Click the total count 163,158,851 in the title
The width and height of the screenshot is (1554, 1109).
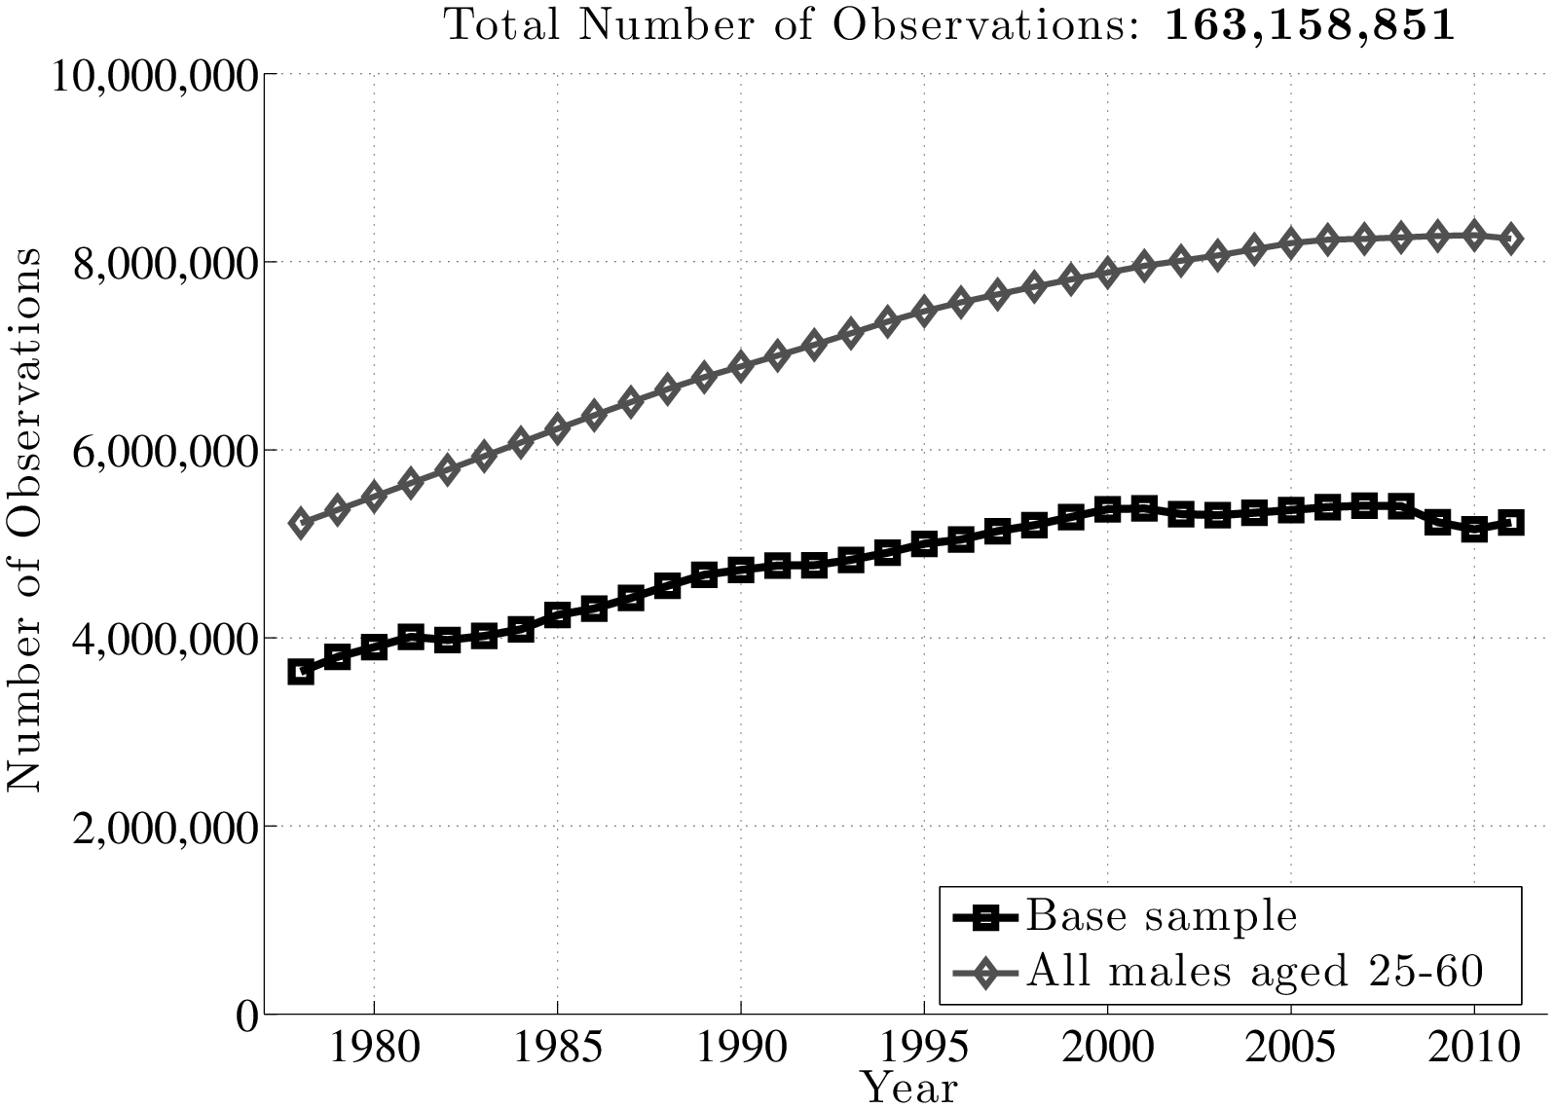coord(1309,25)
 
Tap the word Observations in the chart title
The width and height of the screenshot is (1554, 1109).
coord(980,25)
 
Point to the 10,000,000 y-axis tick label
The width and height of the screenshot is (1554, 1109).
coord(153,75)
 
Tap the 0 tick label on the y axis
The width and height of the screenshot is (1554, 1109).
coord(248,1015)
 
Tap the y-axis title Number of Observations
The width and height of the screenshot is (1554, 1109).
coord(24,518)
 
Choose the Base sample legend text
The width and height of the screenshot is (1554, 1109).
coord(1162,916)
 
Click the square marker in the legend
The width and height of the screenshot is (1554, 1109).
coord(984,916)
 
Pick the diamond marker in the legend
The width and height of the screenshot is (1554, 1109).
coord(984,971)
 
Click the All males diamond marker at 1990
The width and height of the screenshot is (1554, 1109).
coord(741,367)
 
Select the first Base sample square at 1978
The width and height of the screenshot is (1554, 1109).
coord(301,672)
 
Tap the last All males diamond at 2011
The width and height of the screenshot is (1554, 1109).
coord(1511,239)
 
